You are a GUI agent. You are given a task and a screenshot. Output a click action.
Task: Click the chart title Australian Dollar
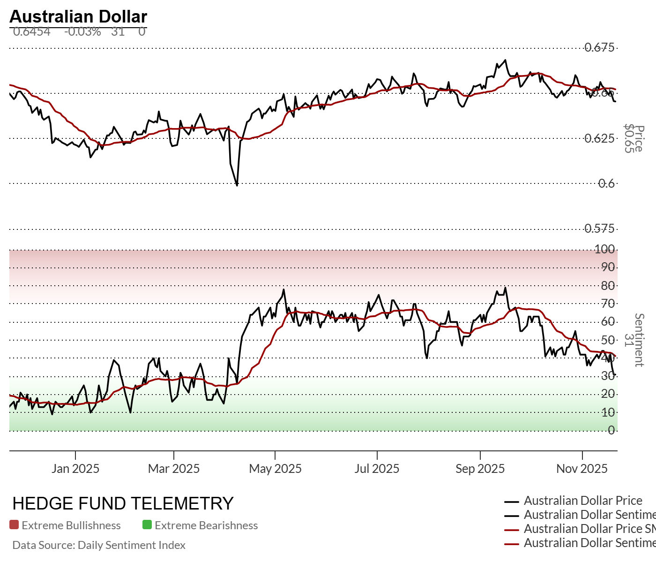[x=78, y=16]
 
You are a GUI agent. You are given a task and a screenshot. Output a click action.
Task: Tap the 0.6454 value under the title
[x=31, y=31]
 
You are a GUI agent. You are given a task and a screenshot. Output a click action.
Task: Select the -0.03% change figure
[x=82, y=31]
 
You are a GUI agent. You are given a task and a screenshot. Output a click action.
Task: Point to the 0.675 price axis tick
[x=599, y=47]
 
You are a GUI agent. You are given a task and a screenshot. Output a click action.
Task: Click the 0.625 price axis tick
[x=599, y=138]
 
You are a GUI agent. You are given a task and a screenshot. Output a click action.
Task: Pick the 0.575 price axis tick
[x=599, y=228]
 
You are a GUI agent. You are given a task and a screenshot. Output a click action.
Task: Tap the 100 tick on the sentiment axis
[x=604, y=249]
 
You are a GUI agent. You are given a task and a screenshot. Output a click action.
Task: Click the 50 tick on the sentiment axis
[x=608, y=340]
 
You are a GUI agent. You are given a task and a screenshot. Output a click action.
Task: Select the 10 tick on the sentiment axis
[x=608, y=412]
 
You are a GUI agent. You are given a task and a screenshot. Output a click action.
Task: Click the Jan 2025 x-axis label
[x=75, y=468]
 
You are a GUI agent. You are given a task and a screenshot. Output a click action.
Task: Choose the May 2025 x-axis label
[x=275, y=468]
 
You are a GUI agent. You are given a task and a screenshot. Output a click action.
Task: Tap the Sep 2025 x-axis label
[x=480, y=468]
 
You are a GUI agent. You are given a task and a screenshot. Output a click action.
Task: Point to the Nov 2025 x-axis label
[x=581, y=468]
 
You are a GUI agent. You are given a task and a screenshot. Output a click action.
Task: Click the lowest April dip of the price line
[x=237, y=185]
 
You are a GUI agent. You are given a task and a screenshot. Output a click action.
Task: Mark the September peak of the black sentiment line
[x=505, y=288]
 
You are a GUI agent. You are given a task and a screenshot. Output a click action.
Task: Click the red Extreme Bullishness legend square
[x=14, y=525]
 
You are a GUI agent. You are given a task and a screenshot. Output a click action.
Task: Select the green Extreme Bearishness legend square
[x=147, y=525]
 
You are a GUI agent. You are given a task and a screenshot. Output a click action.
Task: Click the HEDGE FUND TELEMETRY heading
[x=123, y=503]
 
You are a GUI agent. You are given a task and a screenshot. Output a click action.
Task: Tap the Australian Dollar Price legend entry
[x=582, y=501]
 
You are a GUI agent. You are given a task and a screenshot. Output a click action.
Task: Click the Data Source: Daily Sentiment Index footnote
[x=99, y=545]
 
